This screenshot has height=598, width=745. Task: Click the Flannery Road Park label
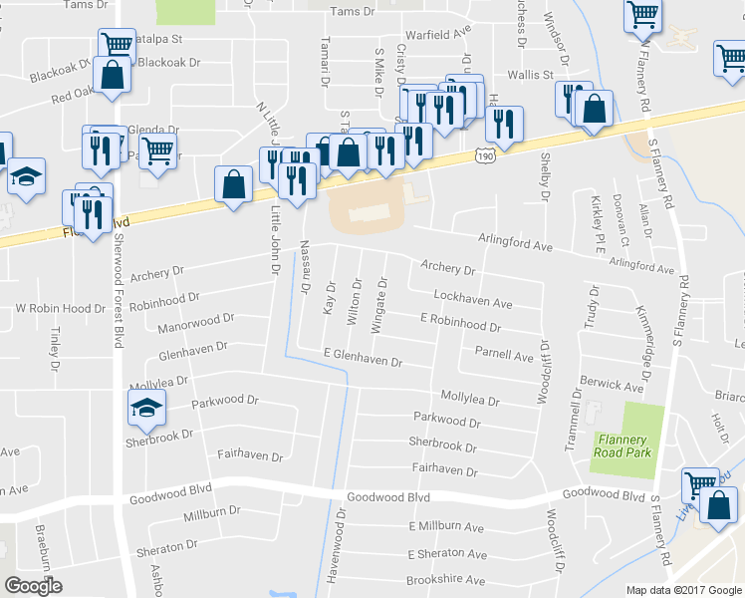click(622, 447)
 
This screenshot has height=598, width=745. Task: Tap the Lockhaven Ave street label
click(472, 300)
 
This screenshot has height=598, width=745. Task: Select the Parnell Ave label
click(503, 354)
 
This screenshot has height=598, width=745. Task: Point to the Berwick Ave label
click(613, 384)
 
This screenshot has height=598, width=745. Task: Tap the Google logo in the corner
click(33, 586)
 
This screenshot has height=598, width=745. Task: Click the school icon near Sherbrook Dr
click(146, 406)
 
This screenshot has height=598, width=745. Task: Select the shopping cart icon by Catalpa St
click(118, 43)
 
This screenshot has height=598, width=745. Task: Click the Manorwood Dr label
click(195, 322)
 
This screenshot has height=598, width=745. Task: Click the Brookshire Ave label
click(445, 579)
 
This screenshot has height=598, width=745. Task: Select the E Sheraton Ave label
click(447, 553)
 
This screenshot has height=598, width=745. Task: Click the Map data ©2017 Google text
click(683, 589)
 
